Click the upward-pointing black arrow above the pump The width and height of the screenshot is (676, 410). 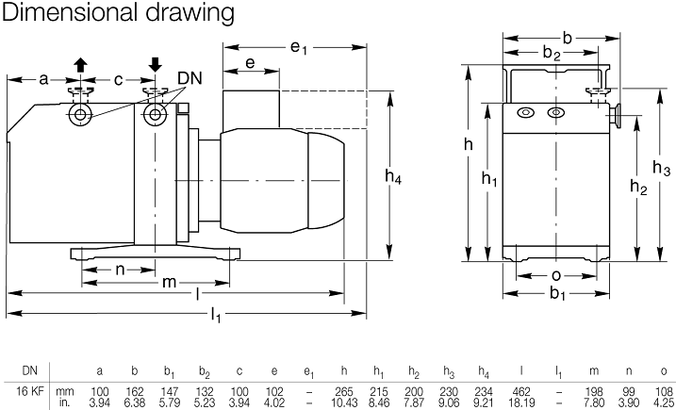pyautogui.click(x=79, y=64)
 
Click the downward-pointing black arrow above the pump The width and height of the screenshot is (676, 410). pyautogui.click(x=154, y=64)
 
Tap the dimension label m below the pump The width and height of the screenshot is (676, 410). pyautogui.click(x=170, y=282)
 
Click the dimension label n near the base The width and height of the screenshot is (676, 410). pyautogui.click(x=121, y=269)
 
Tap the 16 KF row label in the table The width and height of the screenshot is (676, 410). pyautogui.click(x=25, y=390)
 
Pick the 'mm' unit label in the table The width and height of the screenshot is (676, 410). pyautogui.click(x=64, y=390)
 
